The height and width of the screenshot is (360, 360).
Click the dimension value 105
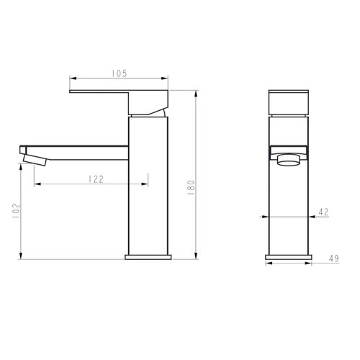[120, 73]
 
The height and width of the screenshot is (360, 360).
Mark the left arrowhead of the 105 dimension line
[71, 78]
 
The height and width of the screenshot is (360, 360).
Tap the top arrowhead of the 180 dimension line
[196, 92]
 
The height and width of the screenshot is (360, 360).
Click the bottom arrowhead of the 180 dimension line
[196, 256]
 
